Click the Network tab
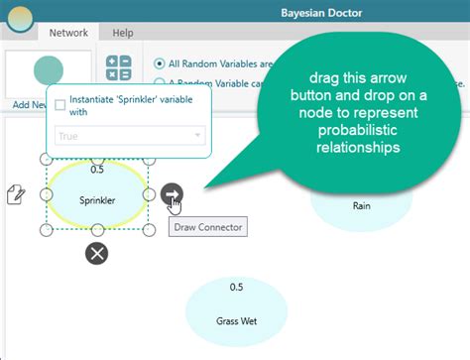[68, 33]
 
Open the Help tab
[123, 33]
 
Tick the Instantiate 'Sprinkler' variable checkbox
[61, 105]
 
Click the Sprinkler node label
[97, 199]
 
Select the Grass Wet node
[235, 320]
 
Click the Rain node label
[361, 206]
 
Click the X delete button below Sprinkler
[96, 253]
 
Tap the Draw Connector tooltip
[206, 227]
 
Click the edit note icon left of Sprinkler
[16, 193]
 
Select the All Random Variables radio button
[160, 62]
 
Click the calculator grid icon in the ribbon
[119, 67]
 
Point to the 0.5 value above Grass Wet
[236, 288]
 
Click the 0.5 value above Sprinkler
[97, 169]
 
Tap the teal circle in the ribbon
[48, 70]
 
